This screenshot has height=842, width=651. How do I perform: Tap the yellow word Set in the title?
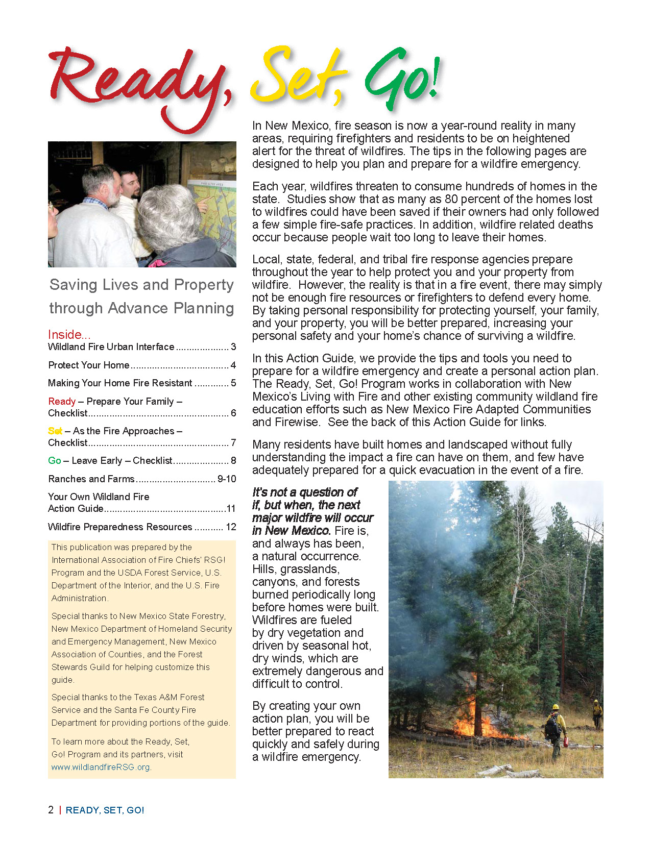click(296, 77)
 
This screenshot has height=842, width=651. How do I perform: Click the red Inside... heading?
click(69, 334)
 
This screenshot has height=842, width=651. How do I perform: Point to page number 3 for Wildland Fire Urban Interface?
click(233, 347)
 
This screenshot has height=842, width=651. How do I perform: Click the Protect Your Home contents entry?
click(89, 365)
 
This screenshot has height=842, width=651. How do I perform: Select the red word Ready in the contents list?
click(62, 402)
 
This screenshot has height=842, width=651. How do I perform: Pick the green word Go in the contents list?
click(55, 461)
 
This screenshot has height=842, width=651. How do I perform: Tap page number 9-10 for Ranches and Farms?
click(227, 479)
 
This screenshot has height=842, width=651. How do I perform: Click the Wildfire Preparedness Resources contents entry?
click(120, 527)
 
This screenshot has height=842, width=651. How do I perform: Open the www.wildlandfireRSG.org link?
click(101, 767)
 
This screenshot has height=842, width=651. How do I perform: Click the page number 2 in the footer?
click(51, 810)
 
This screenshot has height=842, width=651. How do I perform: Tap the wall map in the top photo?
click(214, 214)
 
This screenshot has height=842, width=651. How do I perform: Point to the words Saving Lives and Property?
click(141, 284)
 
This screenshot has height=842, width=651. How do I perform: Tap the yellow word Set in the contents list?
click(55, 431)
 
